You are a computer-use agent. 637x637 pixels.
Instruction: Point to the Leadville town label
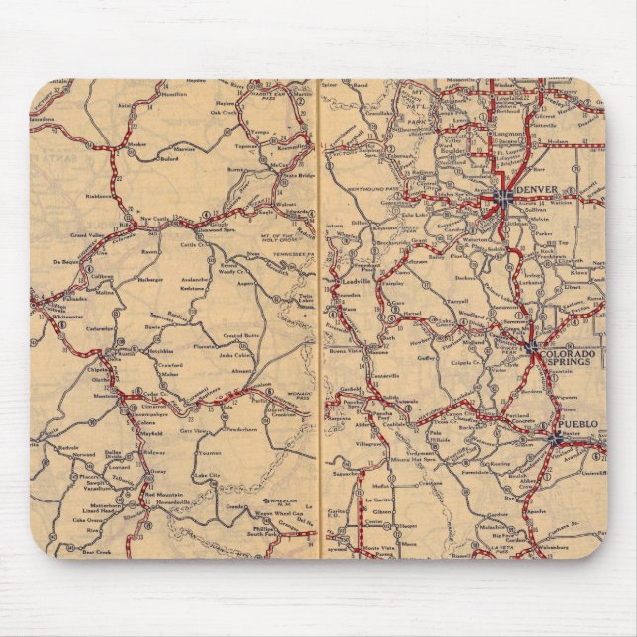356,280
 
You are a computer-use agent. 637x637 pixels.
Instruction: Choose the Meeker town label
137,145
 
